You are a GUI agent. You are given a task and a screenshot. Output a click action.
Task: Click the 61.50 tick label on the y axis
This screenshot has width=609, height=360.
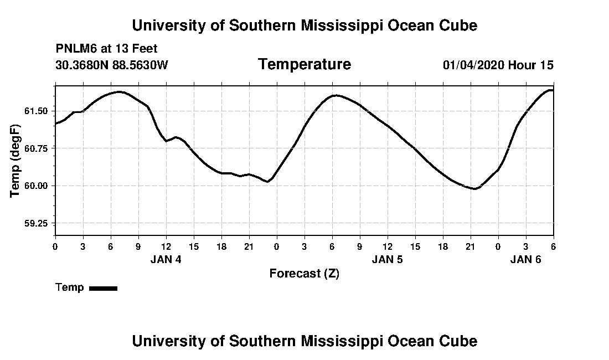37,111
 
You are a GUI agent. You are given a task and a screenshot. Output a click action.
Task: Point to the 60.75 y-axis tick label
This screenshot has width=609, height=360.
37,148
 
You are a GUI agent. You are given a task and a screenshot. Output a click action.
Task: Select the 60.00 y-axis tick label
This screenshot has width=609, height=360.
37,186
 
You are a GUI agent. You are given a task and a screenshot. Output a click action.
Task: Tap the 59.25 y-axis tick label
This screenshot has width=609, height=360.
37,224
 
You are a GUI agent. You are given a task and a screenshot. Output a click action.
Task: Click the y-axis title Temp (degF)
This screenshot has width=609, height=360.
16,161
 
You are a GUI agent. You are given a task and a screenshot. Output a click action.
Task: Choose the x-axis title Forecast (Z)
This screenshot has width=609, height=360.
304,273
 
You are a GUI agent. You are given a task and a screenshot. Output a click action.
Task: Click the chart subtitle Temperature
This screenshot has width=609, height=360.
304,65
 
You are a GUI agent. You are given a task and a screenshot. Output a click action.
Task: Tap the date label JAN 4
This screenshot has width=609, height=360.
166,259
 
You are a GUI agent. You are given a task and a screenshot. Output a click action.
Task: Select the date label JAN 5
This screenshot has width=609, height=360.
388,259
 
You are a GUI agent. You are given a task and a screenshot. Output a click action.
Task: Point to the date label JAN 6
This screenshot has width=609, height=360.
525,259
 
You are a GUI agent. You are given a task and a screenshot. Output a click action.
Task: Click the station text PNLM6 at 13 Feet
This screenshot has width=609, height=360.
106,49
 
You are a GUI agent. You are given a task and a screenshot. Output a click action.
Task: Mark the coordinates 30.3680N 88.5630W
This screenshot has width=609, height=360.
111,65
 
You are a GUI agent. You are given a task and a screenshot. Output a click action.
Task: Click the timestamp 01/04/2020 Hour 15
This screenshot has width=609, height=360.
498,65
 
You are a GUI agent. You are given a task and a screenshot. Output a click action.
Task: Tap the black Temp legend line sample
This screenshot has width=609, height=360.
103,288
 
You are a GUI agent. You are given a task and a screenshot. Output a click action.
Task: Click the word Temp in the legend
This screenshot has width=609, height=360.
70,287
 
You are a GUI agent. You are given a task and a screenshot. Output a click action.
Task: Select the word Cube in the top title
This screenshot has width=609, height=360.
458,25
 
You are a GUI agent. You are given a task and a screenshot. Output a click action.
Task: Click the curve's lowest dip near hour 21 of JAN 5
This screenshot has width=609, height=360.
474,189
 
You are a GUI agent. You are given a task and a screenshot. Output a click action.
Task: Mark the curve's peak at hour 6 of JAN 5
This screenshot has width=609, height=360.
334,95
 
